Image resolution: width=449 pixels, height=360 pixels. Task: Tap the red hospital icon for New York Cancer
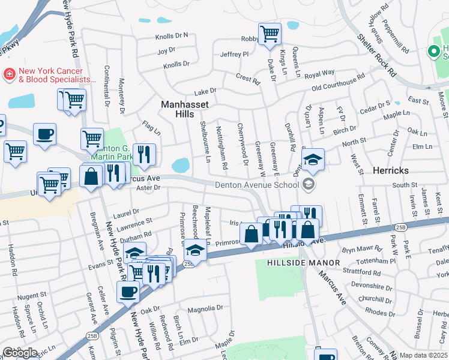tap(10, 74)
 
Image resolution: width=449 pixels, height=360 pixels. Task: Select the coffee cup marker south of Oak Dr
tap(128, 293)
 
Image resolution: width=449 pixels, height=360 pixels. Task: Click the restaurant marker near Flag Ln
tap(144, 155)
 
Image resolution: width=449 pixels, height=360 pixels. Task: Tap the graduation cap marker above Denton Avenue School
tap(313, 160)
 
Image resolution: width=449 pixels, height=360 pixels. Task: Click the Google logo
tap(20, 353)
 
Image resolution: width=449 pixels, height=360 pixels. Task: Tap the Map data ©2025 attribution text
tap(423, 355)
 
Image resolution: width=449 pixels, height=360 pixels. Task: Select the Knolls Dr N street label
tap(172, 35)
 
